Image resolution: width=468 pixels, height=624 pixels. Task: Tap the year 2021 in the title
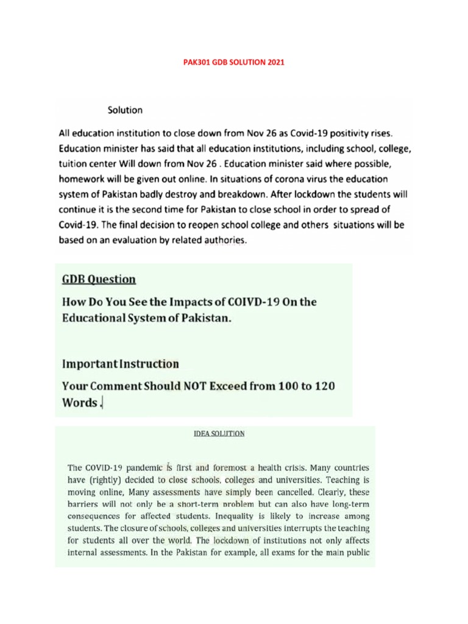pyautogui.click(x=275, y=62)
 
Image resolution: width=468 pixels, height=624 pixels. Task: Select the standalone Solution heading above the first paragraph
pyautogui.click(x=125, y=110)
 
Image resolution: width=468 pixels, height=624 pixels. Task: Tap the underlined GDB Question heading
pyautogui.click(x=99, y=279)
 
